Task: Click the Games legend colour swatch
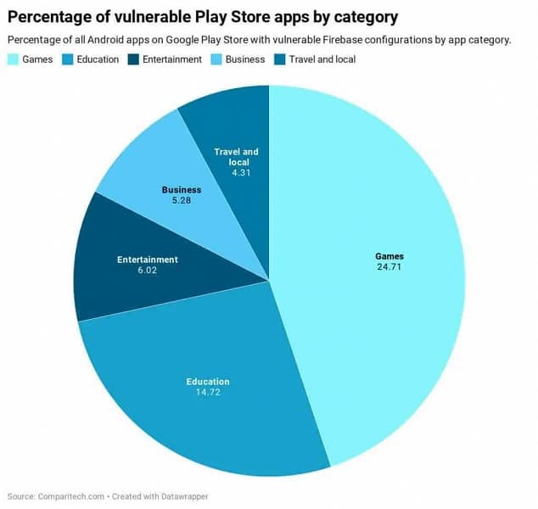14,59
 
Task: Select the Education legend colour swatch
67,59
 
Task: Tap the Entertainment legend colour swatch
132,59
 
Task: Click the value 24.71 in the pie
389,266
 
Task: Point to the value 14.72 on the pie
208,392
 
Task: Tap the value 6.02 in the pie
147,270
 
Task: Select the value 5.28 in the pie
182,200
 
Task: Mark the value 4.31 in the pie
236,171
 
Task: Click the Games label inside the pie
389,256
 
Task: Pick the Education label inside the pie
208,382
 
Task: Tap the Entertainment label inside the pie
147,260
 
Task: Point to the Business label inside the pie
182,190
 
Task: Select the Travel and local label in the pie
236,157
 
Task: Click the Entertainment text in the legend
172,59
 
